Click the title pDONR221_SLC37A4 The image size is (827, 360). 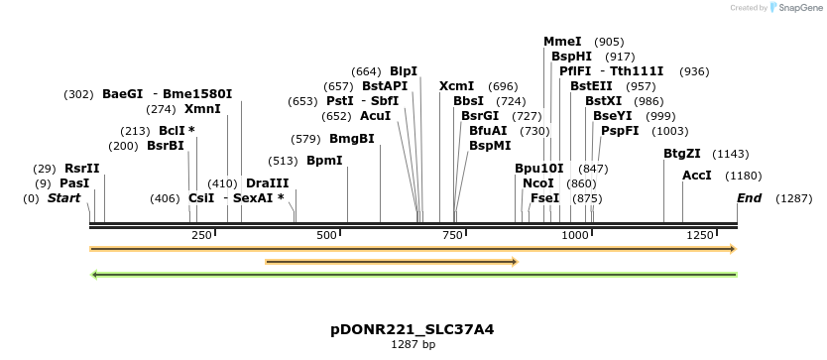pyautogui.click(x=413, y=328)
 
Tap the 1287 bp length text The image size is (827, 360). pyautogui.click(x=413, y=344)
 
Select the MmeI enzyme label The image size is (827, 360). pyautogui.click(x=562, y=42)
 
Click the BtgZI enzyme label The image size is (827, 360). pyautogui.click(x=682, y=154)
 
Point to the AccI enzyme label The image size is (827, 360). pyautogui.click(x=697, y=176)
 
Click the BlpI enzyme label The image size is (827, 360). pyautogui.click(x=404, y=71)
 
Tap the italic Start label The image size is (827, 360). pyautogui.click(x=63, y=198)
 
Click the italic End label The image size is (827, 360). pyautogui.click(x=750, y=198)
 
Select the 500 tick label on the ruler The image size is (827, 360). pyautogui.click(x=327, y=235)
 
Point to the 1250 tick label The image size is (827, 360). pyautogui.click(x=701, y=235)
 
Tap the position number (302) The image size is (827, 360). pyautogui.click(x=78, y=94)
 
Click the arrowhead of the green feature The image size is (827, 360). pyautogui.click(x=94, y=274)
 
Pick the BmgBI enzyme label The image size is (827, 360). pyautogui.click(x=352, y=139)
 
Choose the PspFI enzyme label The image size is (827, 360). pyautogui.click(x=620, y=131)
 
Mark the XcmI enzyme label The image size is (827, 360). pyautogui.click(x=456, y=86)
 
